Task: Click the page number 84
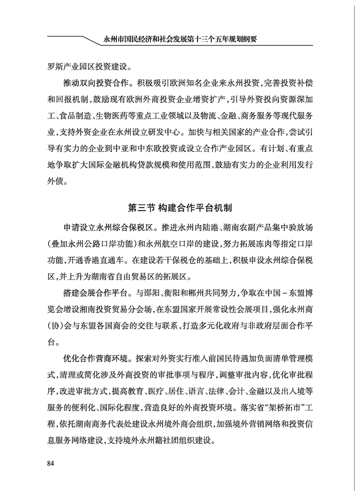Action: [x=50, y=463]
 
